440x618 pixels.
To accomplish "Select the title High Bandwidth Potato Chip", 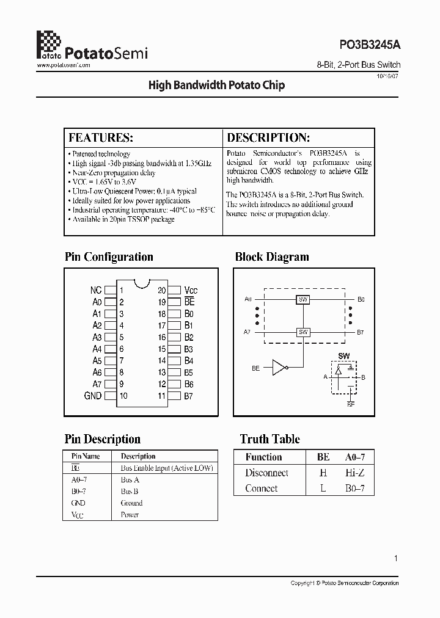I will (x=216, y=85).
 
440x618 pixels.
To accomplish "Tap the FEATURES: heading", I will (x=101, y=137).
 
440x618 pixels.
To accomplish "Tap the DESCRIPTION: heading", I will (x=268, y=137).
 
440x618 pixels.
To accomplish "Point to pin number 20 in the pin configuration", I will (x=161, y=291).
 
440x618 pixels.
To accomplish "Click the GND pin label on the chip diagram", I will (x=93, y=396).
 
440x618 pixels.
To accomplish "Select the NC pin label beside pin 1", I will (x=96, y=291).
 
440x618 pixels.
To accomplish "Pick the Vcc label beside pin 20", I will (x=191, y=291).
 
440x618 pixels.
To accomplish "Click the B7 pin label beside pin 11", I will (x=189, y=396).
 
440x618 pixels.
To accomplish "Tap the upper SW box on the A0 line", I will (x=303, y=300).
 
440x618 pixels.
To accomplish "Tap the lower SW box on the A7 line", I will (x=303, y=332).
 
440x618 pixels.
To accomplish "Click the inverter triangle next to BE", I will (x=279, y=368).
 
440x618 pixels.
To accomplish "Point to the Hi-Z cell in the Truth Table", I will (x=354, y=473).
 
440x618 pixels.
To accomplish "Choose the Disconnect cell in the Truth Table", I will (x=266, y=473).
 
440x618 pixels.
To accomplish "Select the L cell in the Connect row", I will (x=323, y=489).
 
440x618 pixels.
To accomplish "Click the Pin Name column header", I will (x=86, y=456).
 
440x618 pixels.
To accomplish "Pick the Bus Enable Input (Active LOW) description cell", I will (x=167, y=468).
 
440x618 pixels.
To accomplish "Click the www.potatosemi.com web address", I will (x=64, y=65).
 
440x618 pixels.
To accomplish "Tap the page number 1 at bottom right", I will (x=396, y=558).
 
